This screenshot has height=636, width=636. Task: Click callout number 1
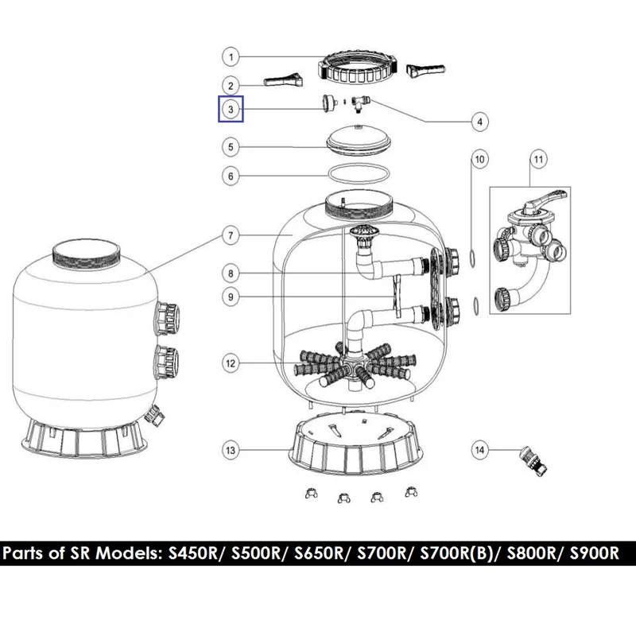pyautogui.click(x=231, y=56)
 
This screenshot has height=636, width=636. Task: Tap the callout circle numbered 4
pyautogui.click(x=480, y=122)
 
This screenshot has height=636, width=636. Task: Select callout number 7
pyautogui.click(x=231, y=235)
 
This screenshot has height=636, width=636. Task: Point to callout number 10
pyautogui.click(x=479, y=160)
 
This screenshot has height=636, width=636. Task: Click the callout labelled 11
pyautogui.click(x=538, y=160)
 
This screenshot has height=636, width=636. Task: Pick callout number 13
pyautogui.click(x=231, y=450)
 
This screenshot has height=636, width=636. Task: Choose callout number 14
pyautogui.click(x=479, y=450)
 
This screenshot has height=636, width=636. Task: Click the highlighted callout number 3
pyautogui.click(x=231, y=109)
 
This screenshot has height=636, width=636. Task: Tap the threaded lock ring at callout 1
pyautogui.click(x=357, y=68)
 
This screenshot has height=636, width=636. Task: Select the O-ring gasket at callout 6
pyautogui.click(x=359, y=173)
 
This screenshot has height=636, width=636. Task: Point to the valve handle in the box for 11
pyautogui.click(x=545, y=198)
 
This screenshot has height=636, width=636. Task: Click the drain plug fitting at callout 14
pyautogui.click(x=533, y=461)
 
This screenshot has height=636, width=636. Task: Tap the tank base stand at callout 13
pyautogui.click(x=355, y=447)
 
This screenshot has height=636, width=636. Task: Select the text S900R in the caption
pyautogui.click(x=594, y=553)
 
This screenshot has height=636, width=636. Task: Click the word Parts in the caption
pyautogui.click(x=25, y=553)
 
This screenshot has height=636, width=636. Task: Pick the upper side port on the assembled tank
pyautogui.click(x=166, y=320)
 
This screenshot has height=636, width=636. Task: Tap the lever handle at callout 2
pyautogui.click(x=283, y=80)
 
